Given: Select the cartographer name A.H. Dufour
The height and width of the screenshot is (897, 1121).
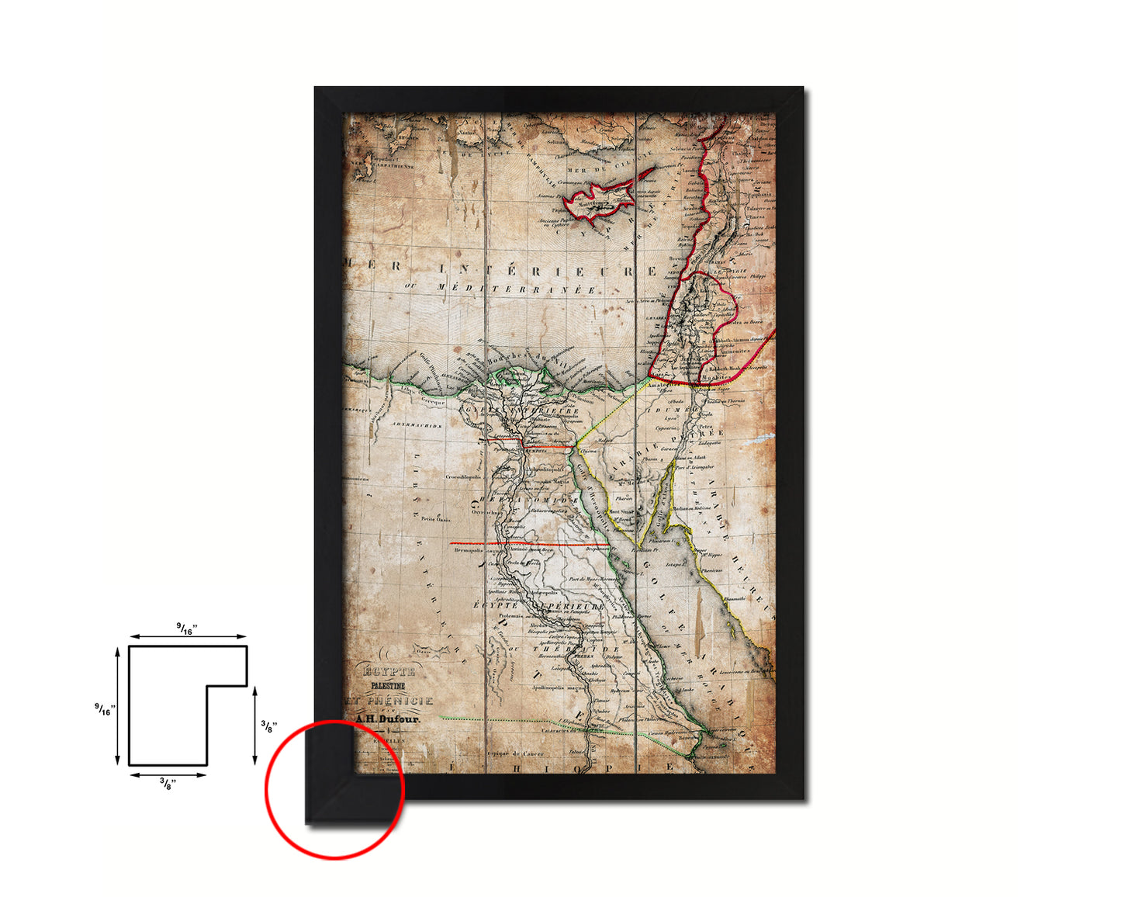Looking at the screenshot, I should (387, 719).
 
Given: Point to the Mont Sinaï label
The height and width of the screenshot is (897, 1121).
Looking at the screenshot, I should (621, 512).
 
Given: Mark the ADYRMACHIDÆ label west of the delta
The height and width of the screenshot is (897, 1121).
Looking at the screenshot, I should (416, 426).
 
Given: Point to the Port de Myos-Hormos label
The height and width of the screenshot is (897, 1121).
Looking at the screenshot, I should (591, 579).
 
